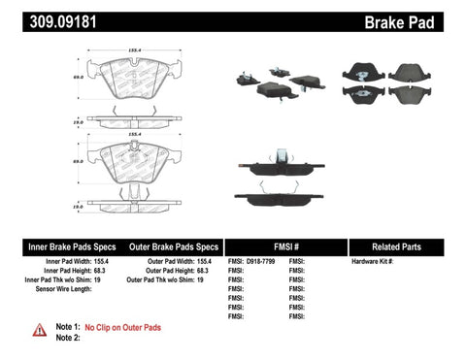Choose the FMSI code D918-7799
pos(259,262)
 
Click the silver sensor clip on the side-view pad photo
pos(281,156)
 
